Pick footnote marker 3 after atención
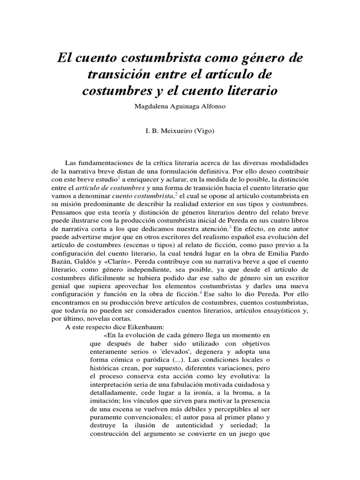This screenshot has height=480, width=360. click(x=230, y=227)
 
